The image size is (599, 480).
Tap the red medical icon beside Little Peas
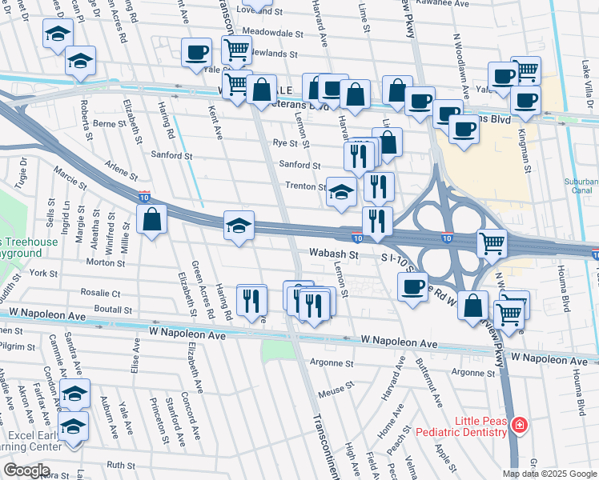point(520,424)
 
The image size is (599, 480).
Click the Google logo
point(26,470)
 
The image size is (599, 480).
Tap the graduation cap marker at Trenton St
point(341,192)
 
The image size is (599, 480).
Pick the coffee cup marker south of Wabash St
point(413,286)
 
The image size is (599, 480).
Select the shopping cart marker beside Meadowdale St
point(237,50)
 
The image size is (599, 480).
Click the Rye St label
point(285,143)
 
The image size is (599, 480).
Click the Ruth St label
point(121,464)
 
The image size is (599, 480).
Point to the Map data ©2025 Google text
point(549,474)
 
